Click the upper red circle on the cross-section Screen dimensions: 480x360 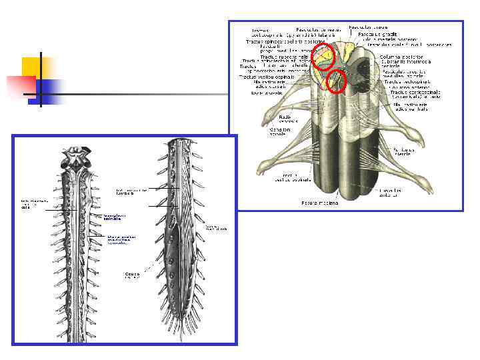tap(323, 57)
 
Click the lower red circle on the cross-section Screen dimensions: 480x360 tap(337, 81)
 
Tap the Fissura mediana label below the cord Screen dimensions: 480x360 tap(319, 203)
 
